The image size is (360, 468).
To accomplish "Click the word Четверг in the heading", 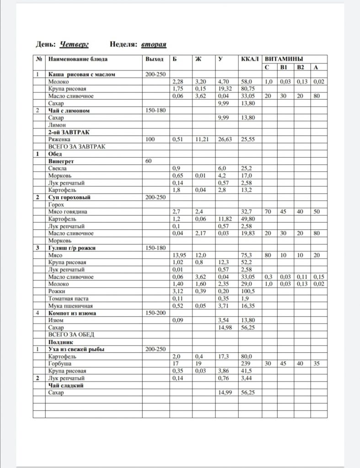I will (75, 44).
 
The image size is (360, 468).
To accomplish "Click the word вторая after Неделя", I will (153, 44).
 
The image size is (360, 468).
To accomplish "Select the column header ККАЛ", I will (250, 59).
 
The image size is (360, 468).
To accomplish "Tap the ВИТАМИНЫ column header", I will (284, 59).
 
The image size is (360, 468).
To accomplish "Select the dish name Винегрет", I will (61, 161).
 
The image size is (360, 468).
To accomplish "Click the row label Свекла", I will (58, 168).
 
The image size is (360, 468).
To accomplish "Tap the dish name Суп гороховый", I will (69, 197).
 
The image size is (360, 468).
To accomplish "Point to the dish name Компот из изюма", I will (72, 313).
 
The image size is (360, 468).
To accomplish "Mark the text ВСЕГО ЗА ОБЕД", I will (70, 335).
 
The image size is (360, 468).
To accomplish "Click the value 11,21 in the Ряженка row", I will (202, 139).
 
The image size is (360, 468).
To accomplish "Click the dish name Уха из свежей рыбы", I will (76, 350).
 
